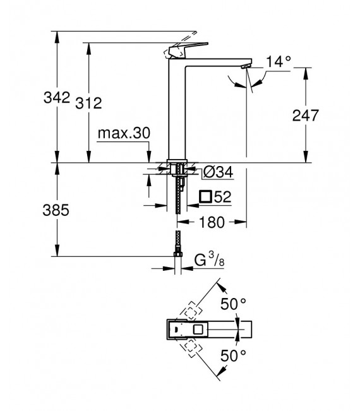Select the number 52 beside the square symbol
[222, 197]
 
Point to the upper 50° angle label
[233, 304]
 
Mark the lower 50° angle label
[233, 355]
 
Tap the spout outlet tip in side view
[246, 66]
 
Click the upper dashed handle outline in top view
[190, 311]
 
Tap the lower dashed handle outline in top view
[190, 347]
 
